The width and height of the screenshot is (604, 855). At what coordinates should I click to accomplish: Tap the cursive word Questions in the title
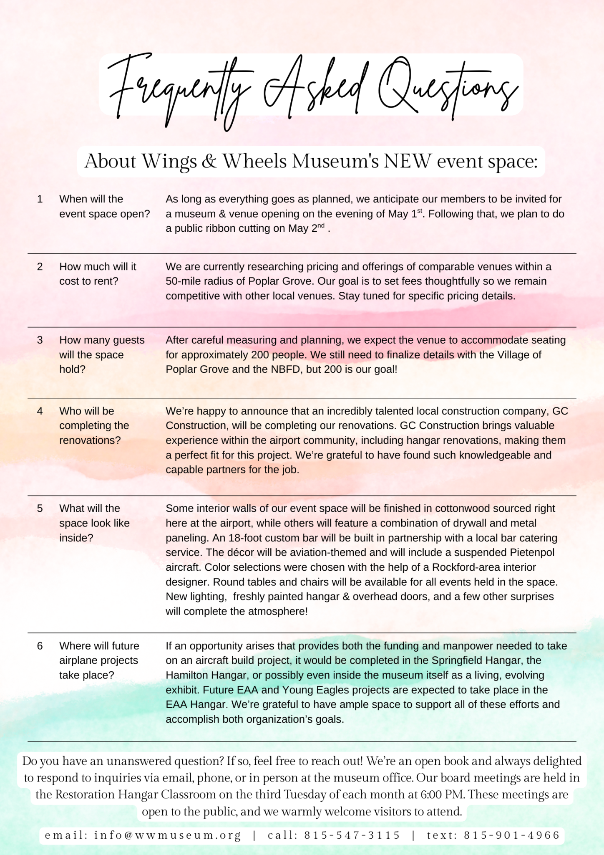pos(446,88)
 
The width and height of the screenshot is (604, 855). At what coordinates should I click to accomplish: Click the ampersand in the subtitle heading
pos(209,162)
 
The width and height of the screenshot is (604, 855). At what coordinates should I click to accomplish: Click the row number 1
pos(40,199)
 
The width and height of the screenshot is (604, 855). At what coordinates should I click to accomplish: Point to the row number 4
pos(40,411)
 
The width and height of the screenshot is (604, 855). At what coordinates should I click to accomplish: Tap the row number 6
pos(40,646)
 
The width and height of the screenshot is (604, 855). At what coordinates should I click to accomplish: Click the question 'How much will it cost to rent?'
pos(98,274)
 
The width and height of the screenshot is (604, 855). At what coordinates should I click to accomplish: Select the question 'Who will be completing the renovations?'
pos(94,426)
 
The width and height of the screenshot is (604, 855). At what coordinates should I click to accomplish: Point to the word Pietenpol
pos(532,553)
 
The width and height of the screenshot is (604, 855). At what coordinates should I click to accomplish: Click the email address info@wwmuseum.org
pos(168,835)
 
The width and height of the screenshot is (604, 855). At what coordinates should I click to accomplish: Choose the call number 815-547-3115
pos(352,835)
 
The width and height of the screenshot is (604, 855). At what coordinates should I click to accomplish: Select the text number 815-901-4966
pos(511,835)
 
